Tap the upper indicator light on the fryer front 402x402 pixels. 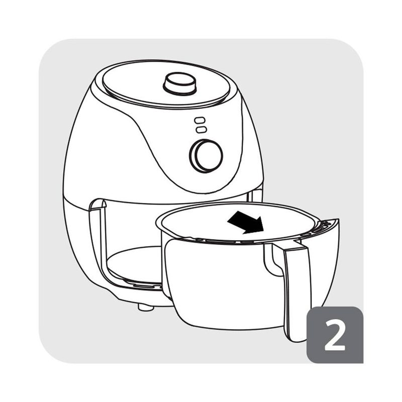click(200, 120)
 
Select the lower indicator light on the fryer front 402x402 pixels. click(201, 130)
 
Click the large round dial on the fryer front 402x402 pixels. click(206, 156)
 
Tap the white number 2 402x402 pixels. click(335, 335)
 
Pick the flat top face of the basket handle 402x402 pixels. click(294, 245)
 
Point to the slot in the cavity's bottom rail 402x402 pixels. click(144, 286)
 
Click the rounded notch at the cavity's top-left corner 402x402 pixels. click(98, 205)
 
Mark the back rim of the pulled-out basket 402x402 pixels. click(238, 205)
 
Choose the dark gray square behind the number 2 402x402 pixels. click(335, 335)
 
